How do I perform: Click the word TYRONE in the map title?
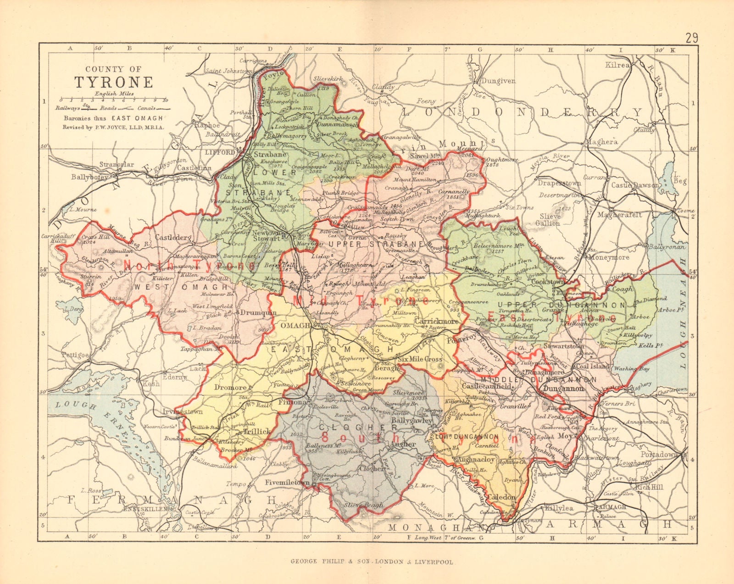click(x=114, y=82)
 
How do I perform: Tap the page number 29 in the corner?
click(x=692, y=37)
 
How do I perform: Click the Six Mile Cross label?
click(x=420, y=359)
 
